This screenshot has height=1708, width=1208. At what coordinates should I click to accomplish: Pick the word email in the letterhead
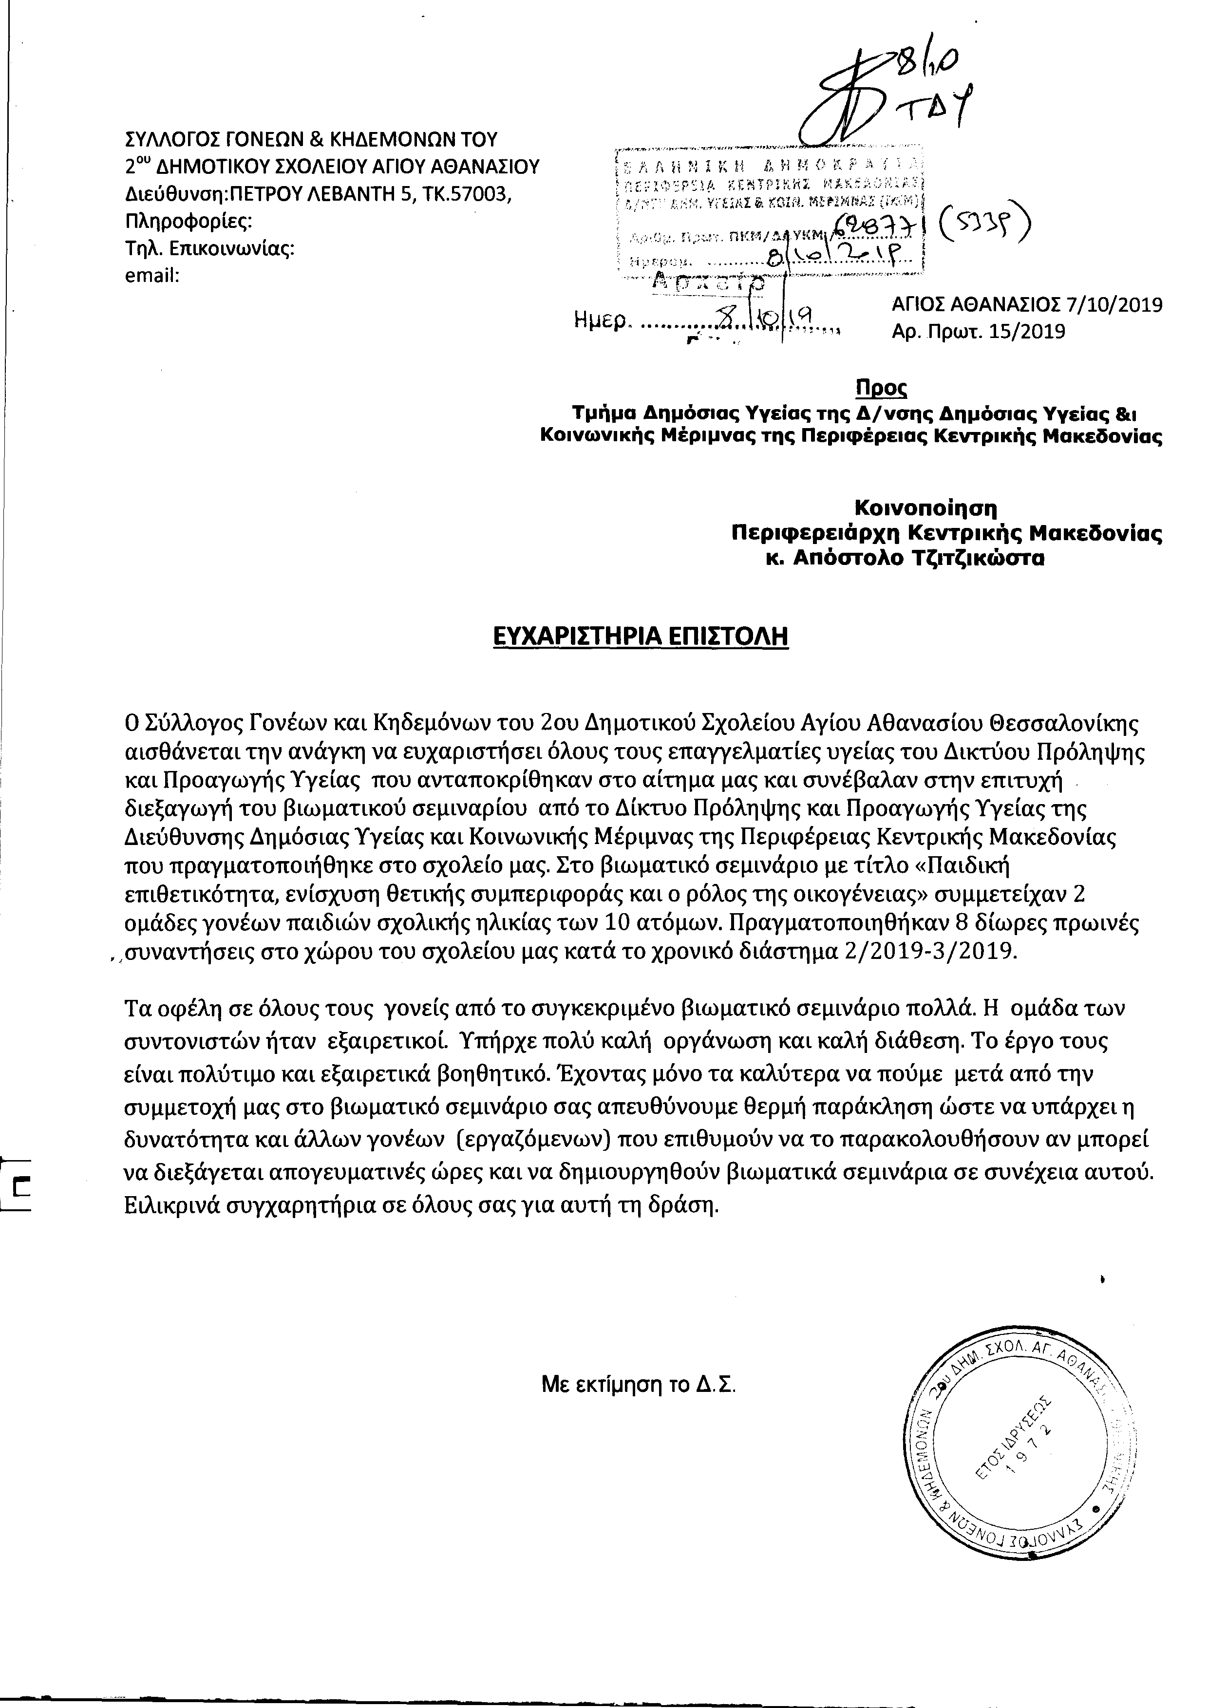(x=152, y=276)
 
